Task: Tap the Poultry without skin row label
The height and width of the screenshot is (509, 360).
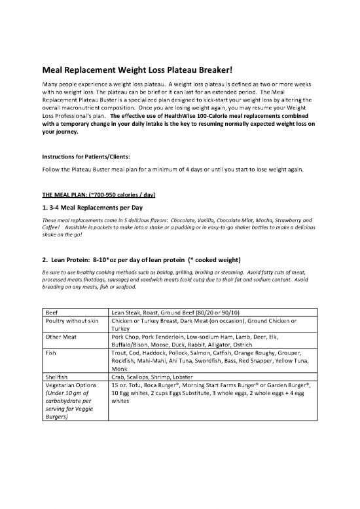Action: tap(70, 323)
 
